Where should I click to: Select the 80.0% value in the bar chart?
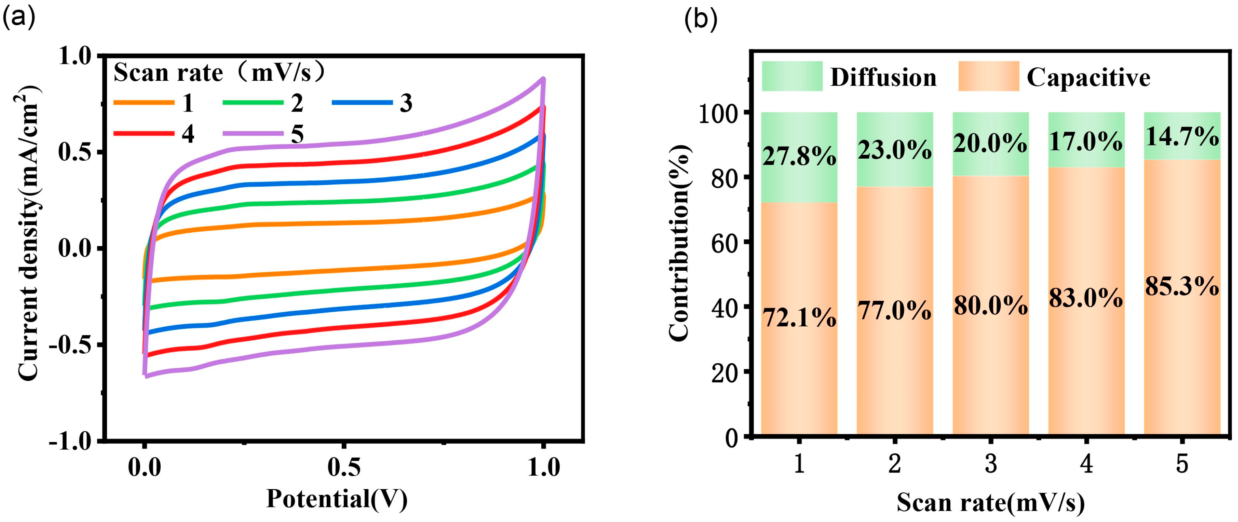point(990,306)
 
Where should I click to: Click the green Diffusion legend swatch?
point(792,76)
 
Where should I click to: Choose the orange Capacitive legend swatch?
point(988,76)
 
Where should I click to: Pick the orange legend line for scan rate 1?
point(144,102)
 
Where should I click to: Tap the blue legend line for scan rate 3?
point(362,102)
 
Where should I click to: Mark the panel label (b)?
point(701,19)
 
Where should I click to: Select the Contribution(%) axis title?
point(680,243)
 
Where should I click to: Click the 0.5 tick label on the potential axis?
point(344,467)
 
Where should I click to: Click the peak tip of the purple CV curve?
point(543,79)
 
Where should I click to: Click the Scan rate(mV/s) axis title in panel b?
point(990,503)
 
